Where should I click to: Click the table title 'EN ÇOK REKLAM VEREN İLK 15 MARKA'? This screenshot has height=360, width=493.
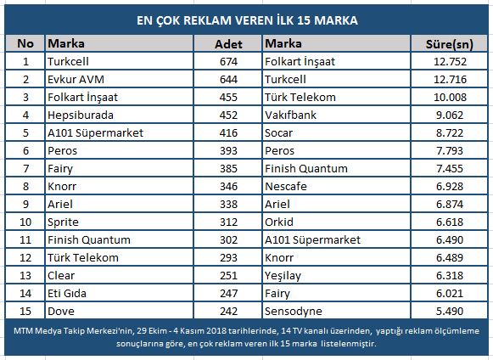point(247,20)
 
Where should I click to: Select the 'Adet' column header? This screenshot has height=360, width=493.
point(228,44)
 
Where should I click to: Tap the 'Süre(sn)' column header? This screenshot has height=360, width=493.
point(449,44)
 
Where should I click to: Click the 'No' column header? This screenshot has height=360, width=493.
point(25,43)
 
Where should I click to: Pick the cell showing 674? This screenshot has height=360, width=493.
point(228,61)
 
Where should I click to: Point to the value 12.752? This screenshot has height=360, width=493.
point(450,61)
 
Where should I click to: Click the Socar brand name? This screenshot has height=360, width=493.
point(278,132)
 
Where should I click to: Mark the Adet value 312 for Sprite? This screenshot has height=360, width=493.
point(228,222)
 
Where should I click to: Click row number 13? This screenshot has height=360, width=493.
point(25,276)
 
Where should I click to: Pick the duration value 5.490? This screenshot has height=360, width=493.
point(450,312)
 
